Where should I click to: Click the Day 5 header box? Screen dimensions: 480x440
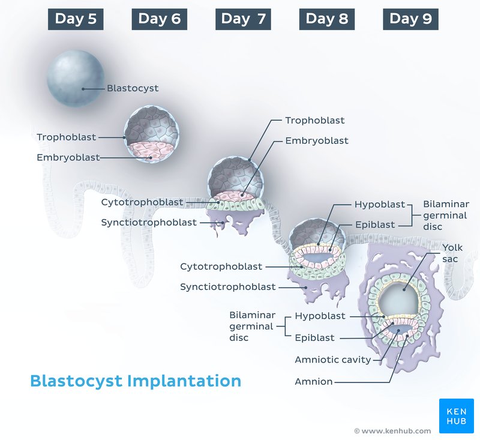pos(76,19)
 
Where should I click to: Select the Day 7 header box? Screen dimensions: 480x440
pos(243,19)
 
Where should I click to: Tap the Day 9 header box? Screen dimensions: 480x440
pos(410,19)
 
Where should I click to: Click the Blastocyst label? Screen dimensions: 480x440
pos(133,88)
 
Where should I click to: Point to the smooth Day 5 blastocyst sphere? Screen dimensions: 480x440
pos(76,79)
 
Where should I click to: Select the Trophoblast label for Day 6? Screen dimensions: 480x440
pos(67,137)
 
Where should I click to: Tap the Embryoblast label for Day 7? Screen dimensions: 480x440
pos(317,141)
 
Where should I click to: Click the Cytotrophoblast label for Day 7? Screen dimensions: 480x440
pos(142,202)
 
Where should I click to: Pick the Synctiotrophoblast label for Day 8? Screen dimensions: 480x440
pos(228,287)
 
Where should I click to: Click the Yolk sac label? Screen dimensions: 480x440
pos(452,253)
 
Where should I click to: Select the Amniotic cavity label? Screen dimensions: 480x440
pos(333,360)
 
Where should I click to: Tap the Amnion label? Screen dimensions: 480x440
pos(313,382)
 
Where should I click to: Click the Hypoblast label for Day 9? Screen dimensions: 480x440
pos(320,316)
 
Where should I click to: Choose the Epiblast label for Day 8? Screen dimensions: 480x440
pos(375,225)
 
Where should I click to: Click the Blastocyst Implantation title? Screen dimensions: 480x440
pos(136,381)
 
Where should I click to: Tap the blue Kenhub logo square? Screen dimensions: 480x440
pos(456,416)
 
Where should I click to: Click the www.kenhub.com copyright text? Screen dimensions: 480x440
pos(393,431)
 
